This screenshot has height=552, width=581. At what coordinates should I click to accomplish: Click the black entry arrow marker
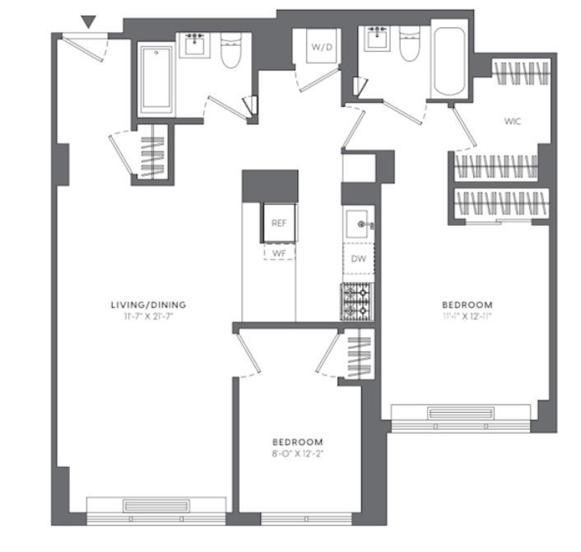click(89, 21)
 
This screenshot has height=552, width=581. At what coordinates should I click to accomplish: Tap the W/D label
click(322, 47)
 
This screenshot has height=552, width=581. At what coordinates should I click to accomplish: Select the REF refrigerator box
click(279, 223)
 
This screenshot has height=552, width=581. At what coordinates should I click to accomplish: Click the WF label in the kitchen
click(279, 253)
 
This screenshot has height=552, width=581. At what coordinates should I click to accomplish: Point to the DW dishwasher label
click(358, 258)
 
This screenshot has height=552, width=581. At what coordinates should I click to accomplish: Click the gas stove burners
click(357, 302)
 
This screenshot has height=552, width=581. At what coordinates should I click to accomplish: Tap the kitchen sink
click(357, 225)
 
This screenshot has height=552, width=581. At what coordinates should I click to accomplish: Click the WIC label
click(513, 121)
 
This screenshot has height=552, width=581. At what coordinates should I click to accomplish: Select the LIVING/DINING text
click(148, 305)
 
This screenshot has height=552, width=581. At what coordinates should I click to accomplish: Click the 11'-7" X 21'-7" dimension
click(148, 317)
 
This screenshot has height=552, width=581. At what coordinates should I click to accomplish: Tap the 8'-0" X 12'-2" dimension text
click(298, 453)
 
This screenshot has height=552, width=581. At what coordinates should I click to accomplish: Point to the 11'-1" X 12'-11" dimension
click(467, 317)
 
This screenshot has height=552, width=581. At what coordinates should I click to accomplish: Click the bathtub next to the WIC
click(449, 62)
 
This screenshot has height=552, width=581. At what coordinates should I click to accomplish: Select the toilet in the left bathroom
click(231, 50)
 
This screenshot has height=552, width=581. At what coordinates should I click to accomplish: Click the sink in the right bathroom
click(377, 38)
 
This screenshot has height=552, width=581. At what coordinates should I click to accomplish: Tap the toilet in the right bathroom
click(410, 44)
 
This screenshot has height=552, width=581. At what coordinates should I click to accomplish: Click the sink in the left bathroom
click(194, 44)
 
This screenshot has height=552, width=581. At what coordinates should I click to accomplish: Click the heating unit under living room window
click(156, 506)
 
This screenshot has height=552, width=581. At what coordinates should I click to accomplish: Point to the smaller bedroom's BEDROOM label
click(298, 442)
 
